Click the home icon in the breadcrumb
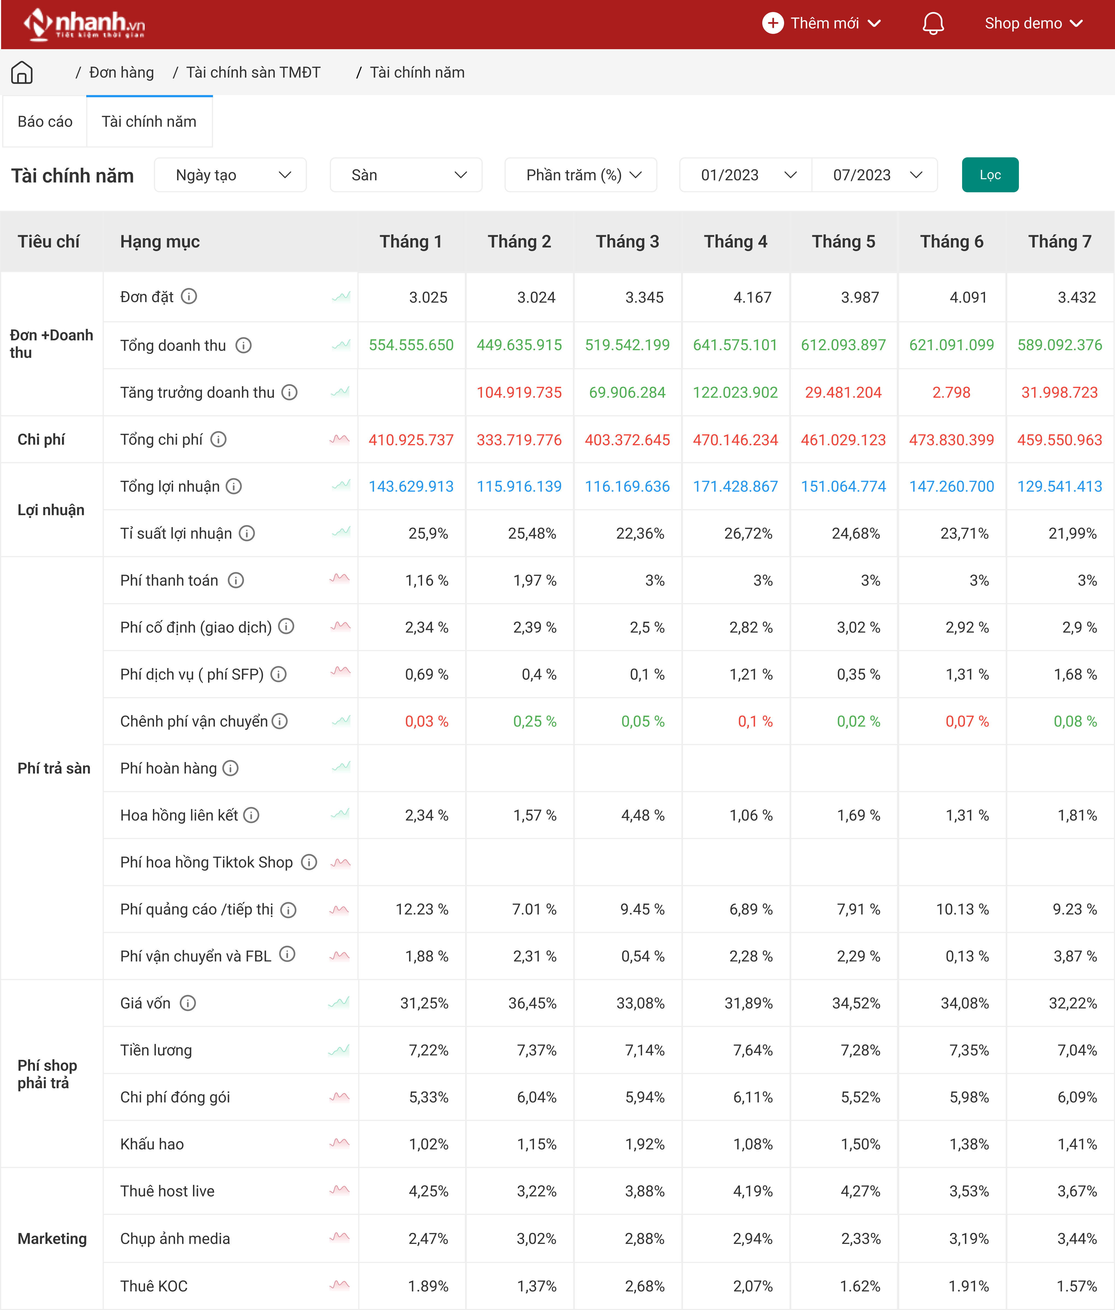coord(22,73)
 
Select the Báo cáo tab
coord(45,121)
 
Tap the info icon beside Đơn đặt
coord(189,297)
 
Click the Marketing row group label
coord(52,1238)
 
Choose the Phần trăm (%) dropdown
coord(580,175)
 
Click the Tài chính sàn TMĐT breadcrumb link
coord(253,73)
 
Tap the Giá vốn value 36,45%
coord(532,1003)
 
